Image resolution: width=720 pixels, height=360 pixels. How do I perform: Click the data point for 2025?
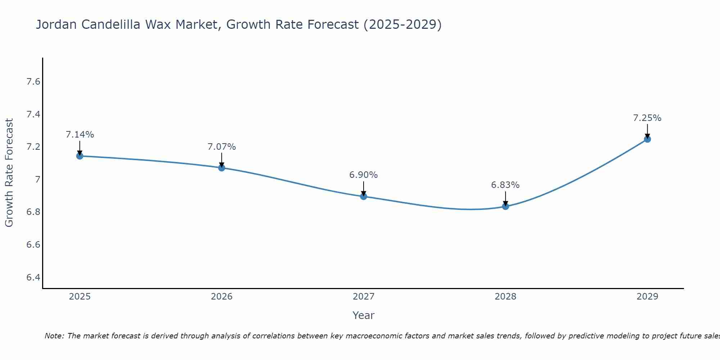[80, 156]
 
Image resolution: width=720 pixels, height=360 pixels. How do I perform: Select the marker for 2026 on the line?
[221, 168]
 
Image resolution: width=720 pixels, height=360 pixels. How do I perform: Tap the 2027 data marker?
[363, 196]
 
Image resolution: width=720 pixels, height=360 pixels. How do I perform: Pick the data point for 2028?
[505, 206]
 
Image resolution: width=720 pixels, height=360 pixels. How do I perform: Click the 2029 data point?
[647, 139]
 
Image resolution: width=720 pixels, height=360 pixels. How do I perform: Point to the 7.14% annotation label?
[80, 135]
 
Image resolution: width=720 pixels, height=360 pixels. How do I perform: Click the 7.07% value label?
[221, 147]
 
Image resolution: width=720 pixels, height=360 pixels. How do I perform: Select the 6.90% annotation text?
[363, 175]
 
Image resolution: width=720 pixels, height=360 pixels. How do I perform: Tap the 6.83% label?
[505, 185]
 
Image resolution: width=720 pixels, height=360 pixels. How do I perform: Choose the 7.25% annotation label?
[647, 118]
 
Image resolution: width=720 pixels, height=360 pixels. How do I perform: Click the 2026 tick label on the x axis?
[221, 297]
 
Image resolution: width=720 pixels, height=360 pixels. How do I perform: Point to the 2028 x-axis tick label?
[505, 297]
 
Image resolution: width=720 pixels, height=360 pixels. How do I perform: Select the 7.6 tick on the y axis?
[33, 82]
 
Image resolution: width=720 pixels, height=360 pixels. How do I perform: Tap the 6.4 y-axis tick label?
[33, 277]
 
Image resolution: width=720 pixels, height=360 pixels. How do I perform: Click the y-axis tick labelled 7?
[37, 179]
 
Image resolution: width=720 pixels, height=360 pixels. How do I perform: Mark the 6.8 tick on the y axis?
[33, 212]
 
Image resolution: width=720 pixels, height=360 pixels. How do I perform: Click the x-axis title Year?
[363, 315]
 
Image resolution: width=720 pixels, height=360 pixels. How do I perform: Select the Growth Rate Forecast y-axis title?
[9, 173]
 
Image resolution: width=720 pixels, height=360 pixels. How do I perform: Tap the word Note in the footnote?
[54, 336]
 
